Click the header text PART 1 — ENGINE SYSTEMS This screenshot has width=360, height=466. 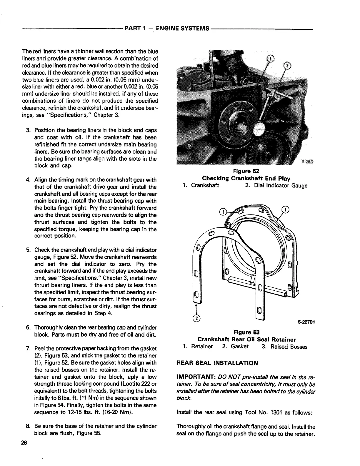tap(167, 29)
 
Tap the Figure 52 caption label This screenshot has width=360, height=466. tap(246, 171)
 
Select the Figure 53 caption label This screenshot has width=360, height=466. tap(246, 332)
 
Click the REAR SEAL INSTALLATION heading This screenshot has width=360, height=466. tap(217, 363)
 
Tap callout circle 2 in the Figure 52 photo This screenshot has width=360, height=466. tap(286, 66)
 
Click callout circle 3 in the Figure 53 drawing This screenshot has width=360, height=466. tap(224, 212)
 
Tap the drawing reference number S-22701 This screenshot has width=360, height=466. tap(306, 322)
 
